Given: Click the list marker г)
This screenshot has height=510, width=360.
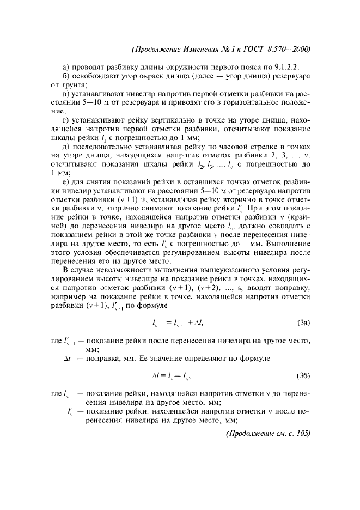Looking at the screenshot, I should coord(67,120).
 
